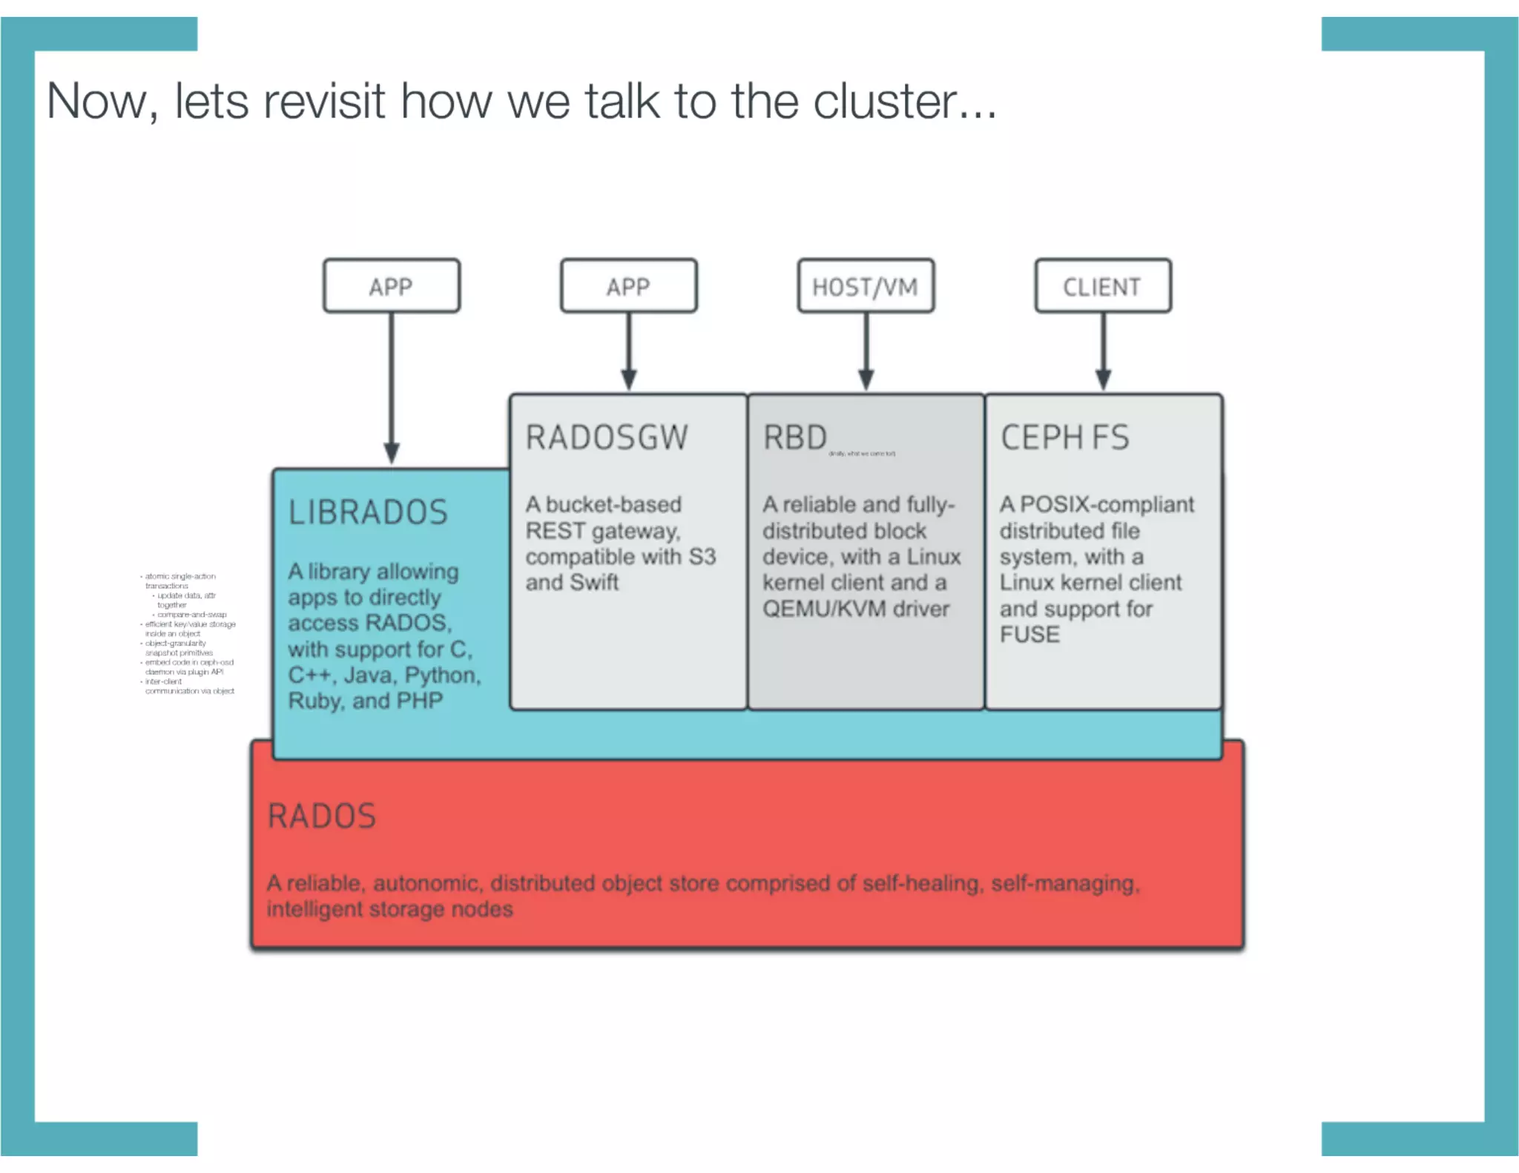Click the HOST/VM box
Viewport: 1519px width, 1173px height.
(x=865, y=286)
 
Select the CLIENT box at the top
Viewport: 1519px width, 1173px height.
(x=1102, y=286)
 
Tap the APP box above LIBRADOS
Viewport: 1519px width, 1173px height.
(x=391, y=286)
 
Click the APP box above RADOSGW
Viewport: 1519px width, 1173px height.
(x=628, y=286)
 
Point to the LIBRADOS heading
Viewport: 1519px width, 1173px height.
(x=368, y=512)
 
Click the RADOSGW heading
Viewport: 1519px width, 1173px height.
(x=607, y=437)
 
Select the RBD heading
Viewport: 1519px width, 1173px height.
(x=794, y=437)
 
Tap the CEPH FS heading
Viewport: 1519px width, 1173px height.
(x=1064, y=437)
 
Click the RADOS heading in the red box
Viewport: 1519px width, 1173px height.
(x=322, y=816)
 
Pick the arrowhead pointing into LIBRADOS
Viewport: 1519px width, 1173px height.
(x=392, y=452)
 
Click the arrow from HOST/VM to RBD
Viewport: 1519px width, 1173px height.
(x=866, y=352)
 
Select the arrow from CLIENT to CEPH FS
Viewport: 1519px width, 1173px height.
(x=1103, y=352)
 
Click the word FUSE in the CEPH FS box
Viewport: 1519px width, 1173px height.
(x=1029, y=635)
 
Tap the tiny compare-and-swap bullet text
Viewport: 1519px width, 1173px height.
(x=191, y=615)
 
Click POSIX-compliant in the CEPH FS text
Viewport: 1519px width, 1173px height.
(x=1107, y=505)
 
